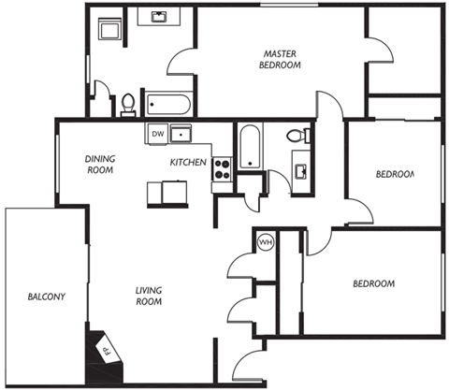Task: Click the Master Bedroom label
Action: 281,59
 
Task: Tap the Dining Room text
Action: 99,165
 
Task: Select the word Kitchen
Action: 188,163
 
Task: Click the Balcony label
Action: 45,298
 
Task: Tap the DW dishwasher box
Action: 155,134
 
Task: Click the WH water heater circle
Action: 265,241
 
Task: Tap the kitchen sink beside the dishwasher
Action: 181,134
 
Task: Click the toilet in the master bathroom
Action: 128,104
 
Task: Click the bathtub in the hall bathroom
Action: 248,147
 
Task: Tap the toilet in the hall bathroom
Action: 297,137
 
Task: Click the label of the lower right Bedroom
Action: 372,283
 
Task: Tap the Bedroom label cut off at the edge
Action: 394,174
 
